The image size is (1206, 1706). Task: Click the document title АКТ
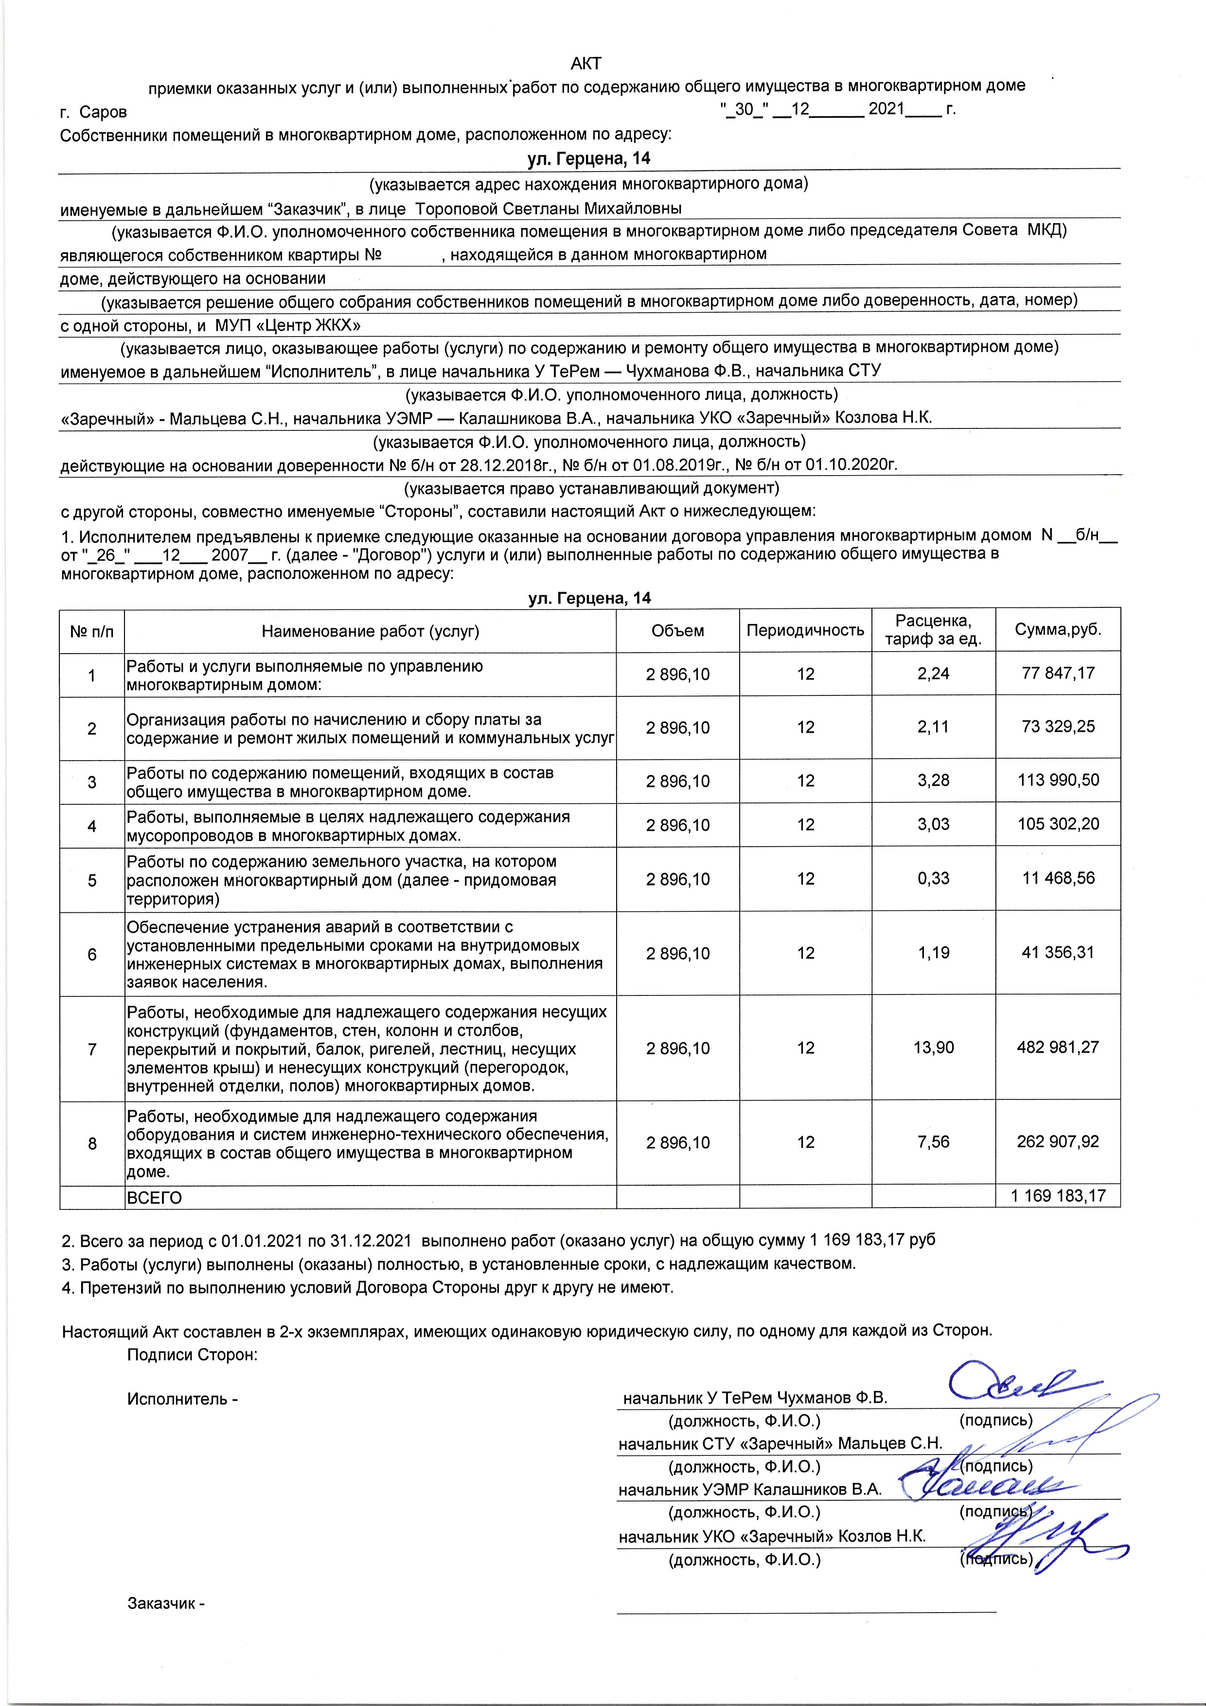click(x=585, y=63)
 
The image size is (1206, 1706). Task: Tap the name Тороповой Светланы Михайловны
click(x=549, y=208)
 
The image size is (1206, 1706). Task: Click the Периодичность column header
click(x=805, y=631)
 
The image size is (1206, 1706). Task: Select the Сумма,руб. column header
click(x=1057, y=630)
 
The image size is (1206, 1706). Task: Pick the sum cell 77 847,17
click(x=1057, y=673)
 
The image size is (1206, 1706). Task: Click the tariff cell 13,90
click(x=933, y=1048)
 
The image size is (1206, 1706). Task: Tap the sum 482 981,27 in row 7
click(x=1057, y=1048)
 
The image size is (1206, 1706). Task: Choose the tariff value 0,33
click(x=933, y=878)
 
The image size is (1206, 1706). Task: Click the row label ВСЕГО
click(x=154, y=1198)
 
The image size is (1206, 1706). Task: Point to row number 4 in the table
click(x=92, y=825)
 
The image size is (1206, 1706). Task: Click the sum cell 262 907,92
click(x=1057, y=1142)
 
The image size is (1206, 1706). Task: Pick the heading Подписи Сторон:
click(x=193, y=1354)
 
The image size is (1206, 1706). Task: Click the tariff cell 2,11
click(x=933, y=727)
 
